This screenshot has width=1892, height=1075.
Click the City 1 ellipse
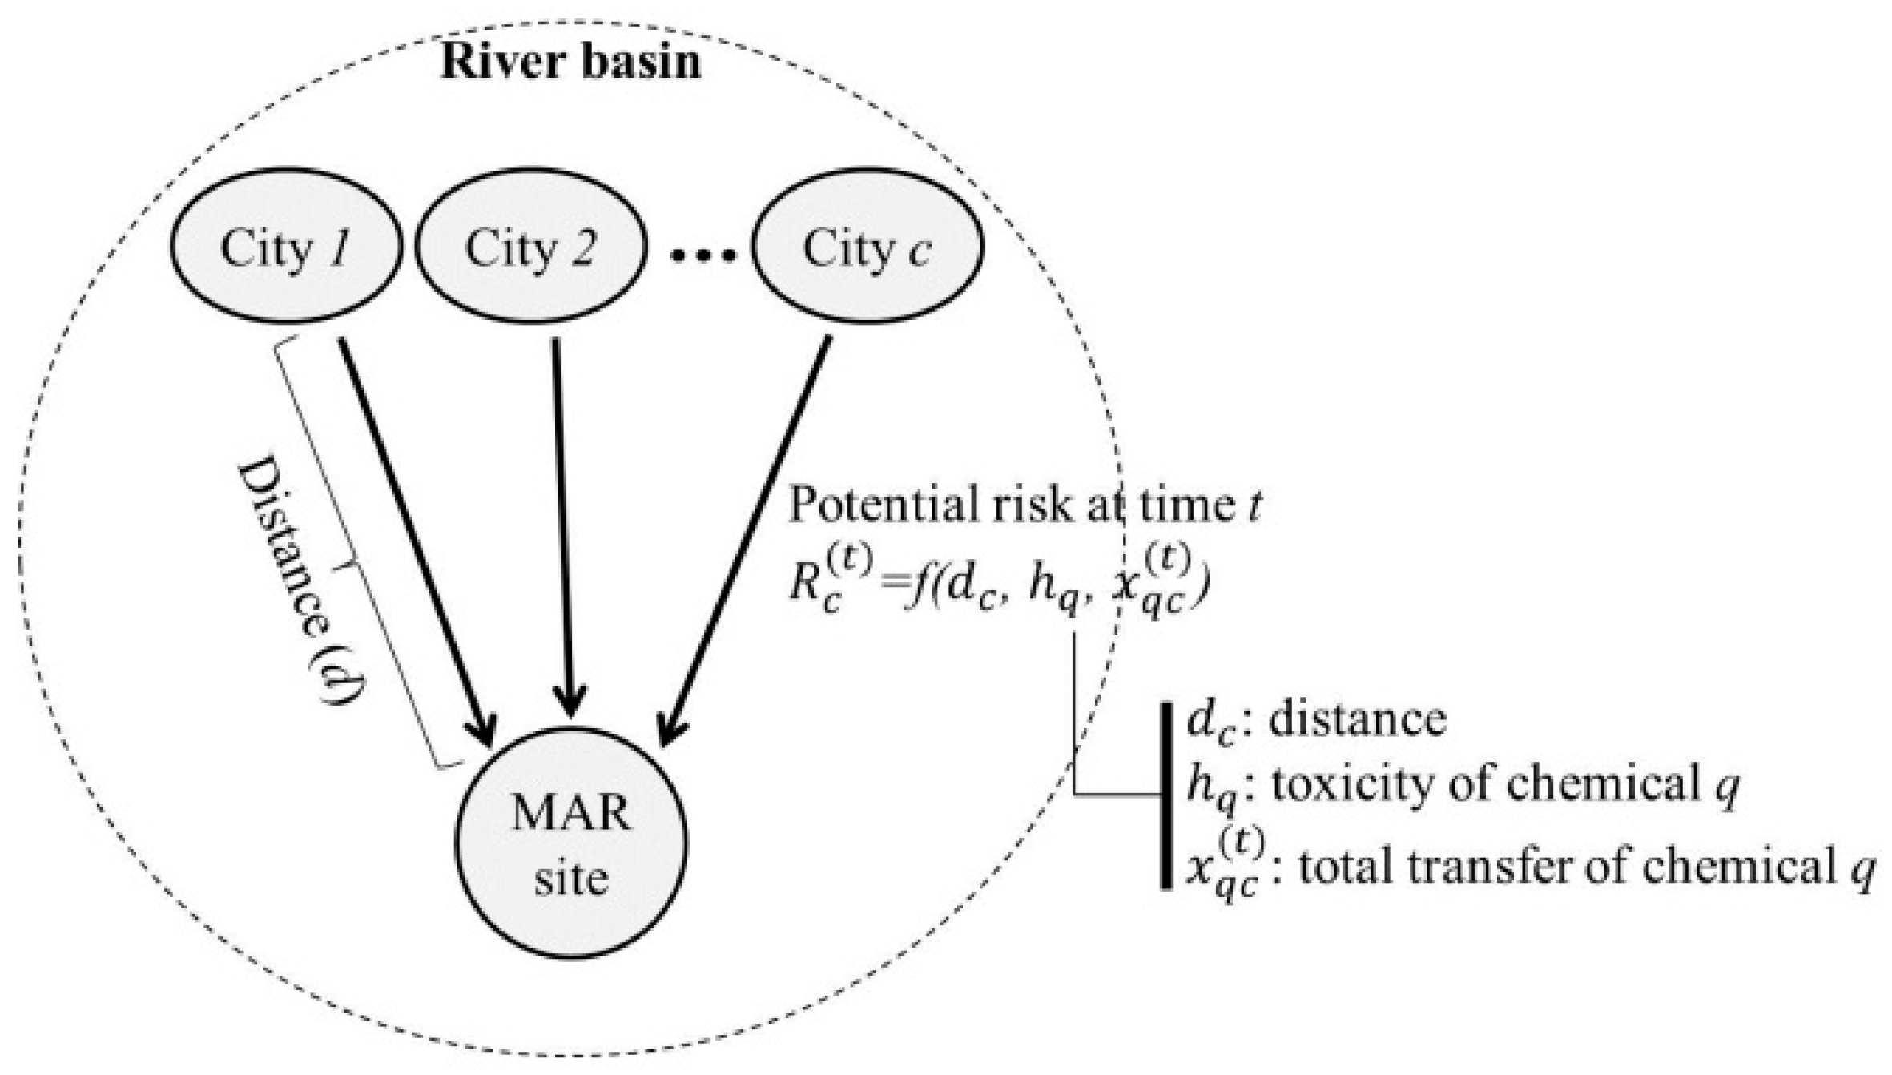point(285,248)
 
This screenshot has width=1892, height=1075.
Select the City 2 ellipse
point(530,248)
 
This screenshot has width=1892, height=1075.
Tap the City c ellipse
point(867,248)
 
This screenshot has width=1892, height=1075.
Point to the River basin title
point(571,62)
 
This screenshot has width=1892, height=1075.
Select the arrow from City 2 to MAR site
point(563,529)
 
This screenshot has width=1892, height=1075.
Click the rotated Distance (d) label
point(293,581)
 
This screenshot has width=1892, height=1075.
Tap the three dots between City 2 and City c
point(702,256)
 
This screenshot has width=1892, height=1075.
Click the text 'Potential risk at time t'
point(1025,506)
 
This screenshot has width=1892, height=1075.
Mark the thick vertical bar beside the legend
point(1166,795)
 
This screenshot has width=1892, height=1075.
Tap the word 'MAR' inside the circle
point(571,813)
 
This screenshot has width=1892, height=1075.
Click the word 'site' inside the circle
point(571,879)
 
